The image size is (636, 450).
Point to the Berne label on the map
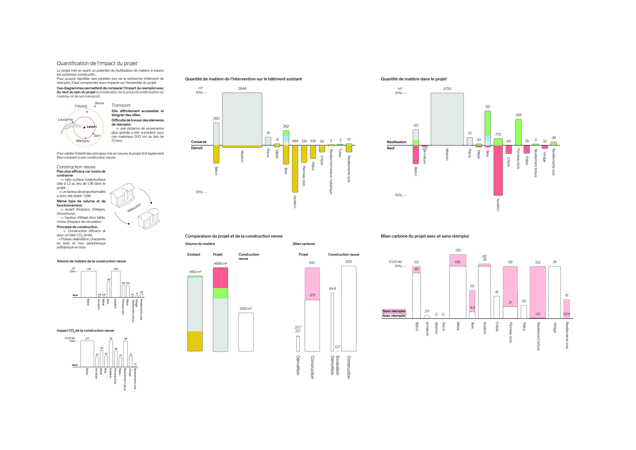(99, 103)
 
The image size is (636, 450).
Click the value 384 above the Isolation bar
(295, 141)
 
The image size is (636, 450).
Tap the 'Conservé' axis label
(199, 142)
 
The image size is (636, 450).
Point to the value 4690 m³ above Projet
(220, 263)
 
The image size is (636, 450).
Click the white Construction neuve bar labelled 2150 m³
(246, 332)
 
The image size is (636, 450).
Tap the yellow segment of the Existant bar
(195, 341)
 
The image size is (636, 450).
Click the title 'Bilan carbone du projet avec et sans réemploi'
(425, 236)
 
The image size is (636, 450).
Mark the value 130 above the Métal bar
(458, 250)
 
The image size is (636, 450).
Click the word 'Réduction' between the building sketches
(134, 208)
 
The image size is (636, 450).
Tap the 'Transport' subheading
(121, 105)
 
